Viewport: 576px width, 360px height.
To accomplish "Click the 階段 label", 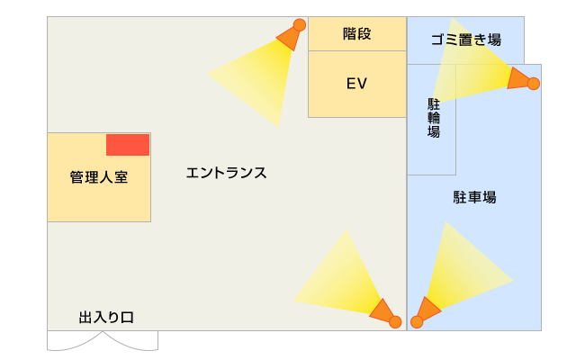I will (x=357, y=34).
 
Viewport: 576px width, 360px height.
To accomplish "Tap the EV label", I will (x=357, y=84).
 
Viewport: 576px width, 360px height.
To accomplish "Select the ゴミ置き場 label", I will (x=465, y=40).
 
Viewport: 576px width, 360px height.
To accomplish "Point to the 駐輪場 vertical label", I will (x=433, y=118).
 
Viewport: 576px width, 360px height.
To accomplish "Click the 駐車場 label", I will (x=474, y=197).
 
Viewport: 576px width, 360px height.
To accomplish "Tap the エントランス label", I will (x=226, y=172).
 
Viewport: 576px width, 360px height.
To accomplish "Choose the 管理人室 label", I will (x=99, y=177).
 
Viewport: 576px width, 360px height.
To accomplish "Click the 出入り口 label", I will (x=106, y=317).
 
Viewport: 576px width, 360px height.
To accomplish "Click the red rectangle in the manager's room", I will (x=128, y=144).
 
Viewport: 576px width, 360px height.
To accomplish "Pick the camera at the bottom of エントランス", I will (x=385, y=313).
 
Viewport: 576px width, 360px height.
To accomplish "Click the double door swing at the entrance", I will (x=103, y=341).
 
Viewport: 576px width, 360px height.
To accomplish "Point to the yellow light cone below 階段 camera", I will (x=256, y=77).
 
